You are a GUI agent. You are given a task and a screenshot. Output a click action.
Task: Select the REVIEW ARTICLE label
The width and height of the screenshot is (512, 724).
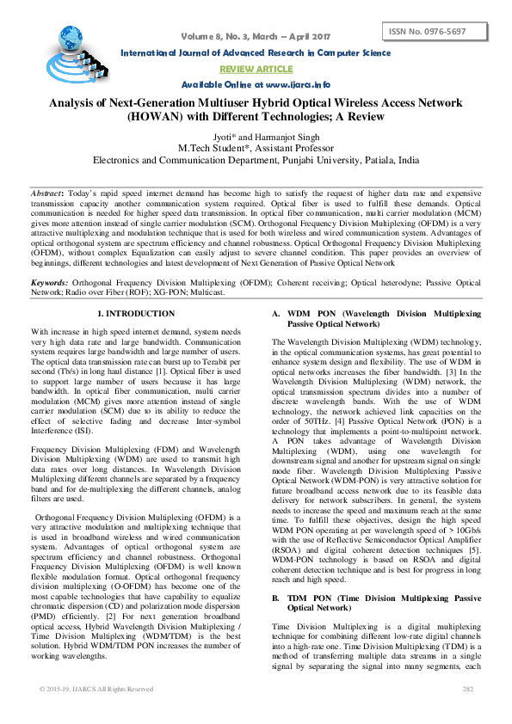[256, 68]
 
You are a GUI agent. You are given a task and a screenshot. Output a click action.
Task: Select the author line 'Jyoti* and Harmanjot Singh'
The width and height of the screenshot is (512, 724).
[256, 136]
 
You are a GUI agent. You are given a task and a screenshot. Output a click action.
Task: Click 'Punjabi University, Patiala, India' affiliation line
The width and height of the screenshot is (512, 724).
[323, 160]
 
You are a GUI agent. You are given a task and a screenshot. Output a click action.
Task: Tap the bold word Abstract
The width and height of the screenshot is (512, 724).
[45, 196]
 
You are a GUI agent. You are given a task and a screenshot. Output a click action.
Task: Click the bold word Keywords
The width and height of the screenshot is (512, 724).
[49, 283]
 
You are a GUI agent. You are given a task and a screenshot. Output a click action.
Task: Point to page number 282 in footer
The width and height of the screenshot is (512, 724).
[468, 689]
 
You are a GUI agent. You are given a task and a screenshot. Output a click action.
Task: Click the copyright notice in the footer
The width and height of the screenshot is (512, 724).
[96, 689]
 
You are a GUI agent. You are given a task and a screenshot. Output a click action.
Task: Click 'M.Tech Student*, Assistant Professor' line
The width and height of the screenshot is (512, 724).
[256, 148]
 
